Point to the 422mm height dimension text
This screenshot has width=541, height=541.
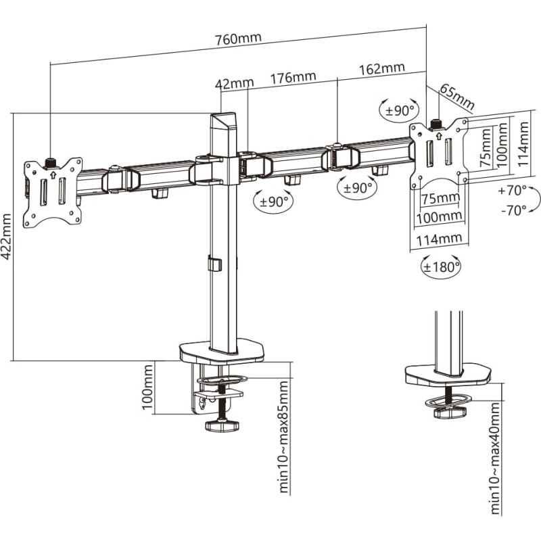coord(7,237)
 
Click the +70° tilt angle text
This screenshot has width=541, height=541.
coord(513,191)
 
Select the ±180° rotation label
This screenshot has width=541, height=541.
coord(441,266)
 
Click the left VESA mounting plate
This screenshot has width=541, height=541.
coord(53,193)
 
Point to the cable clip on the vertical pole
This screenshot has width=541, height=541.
coord(214,264)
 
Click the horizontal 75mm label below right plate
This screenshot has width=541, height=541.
coord(438,199)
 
